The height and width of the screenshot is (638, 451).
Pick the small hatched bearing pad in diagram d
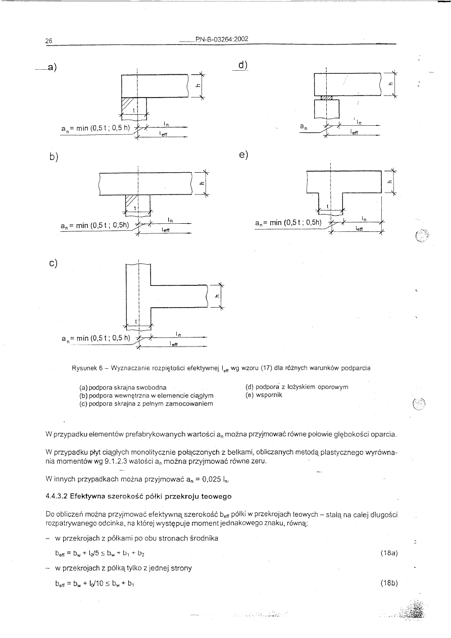[x=326, y=97]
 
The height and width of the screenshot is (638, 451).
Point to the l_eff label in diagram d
[x=354, y=130]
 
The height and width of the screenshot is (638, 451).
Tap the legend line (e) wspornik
[x=264, y=395]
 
